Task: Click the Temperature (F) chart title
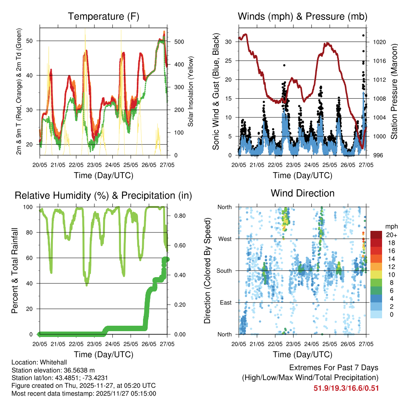coord(103,16)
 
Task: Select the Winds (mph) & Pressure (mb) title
coord(302,16)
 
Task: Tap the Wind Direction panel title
coord(302,193)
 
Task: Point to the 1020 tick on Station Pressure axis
coord(379,42)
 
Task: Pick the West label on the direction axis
coord(225,239)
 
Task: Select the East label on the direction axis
coord(225,302)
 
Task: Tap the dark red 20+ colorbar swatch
coord(376,235)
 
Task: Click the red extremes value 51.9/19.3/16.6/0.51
coord(346,388)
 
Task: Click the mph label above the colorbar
coord(390,226)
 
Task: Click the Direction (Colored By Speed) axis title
coord(207,271)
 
